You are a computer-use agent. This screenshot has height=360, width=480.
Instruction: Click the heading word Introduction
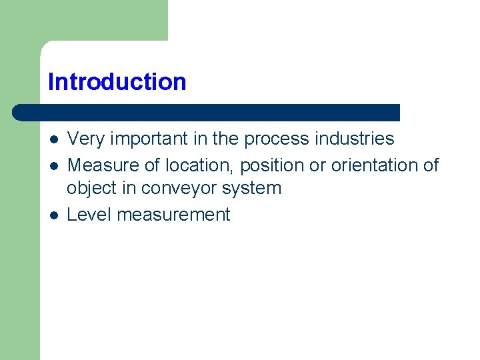point(117,82)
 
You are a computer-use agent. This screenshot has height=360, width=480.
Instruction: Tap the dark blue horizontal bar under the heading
point(207,112)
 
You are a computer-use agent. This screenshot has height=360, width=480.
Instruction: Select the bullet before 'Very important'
point(54,140)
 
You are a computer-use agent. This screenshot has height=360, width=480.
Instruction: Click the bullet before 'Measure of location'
point(54,165)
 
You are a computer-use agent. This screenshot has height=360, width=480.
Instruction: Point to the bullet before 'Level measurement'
point(54,215)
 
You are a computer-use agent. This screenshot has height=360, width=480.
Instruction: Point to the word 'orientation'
point(374,165)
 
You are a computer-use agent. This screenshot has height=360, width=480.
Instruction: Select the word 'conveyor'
point(175,189)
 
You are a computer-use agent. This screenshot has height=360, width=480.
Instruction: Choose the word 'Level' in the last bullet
point(87,215)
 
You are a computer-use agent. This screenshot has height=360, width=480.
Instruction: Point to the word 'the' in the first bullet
point(225,139)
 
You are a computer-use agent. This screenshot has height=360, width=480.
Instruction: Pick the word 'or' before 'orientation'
point(317,165)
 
